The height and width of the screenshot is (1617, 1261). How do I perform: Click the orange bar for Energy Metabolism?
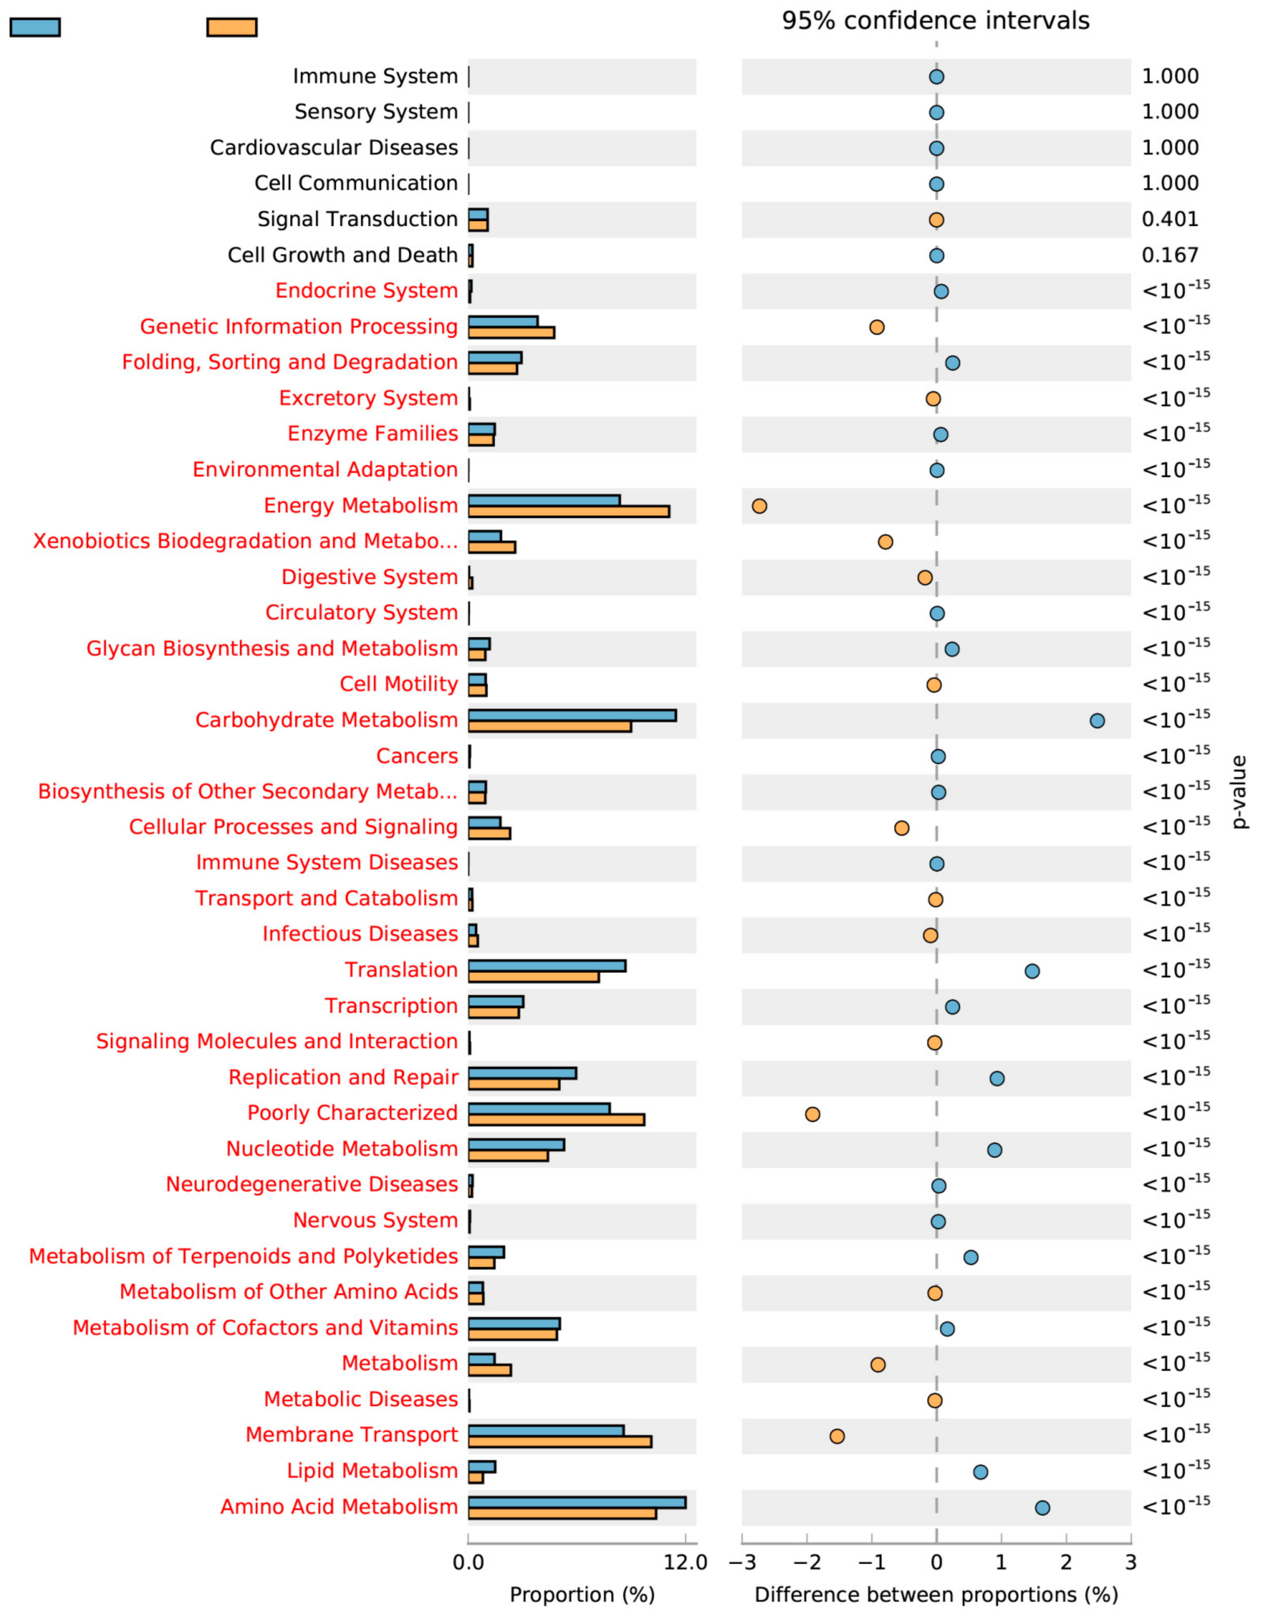pos(569,512)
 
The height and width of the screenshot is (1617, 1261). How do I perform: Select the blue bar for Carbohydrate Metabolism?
pos(572,715)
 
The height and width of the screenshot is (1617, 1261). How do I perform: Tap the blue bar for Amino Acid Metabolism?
pos(577,1502)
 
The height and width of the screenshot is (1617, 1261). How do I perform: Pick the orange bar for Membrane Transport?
pos(560,1441)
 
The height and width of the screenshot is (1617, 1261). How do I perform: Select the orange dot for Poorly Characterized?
pos(812,1114)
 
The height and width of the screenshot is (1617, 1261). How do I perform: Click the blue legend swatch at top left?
pos(35,27)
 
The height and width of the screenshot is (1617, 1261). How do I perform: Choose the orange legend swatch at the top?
pos(232,27)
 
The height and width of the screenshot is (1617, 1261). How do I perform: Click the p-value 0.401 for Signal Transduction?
pos(1170,219)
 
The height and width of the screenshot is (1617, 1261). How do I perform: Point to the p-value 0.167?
pos(1170,255)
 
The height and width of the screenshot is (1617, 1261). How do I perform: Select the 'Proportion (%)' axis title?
pos(582,1595)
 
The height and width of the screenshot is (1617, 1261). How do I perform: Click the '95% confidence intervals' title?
pos(936,21)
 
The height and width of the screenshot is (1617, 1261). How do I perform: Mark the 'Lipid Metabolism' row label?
pos(373,1471)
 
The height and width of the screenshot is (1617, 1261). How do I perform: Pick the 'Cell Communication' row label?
pos(356,184)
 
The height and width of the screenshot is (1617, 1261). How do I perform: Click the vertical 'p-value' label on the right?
pos(1239,792)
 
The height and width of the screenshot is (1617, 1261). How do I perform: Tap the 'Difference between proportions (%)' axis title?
pos(936,1595)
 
